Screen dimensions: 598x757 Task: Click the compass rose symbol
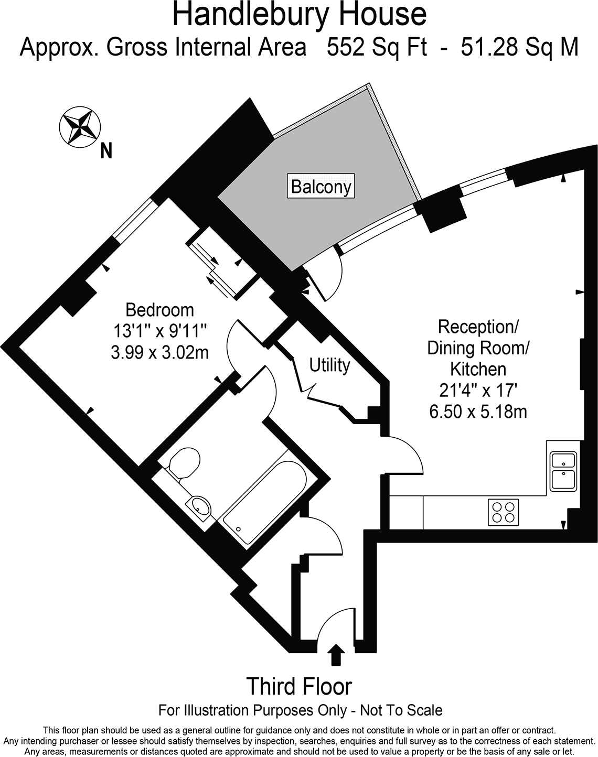[x=80, y=127]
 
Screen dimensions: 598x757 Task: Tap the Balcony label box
[x=321, y=186]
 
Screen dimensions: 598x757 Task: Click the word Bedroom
[x=160, y=310]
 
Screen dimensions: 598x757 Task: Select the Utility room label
[x=330, y=365]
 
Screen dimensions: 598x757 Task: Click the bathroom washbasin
[x=199, y=509]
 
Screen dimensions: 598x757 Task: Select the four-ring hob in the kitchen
[x=504, y=512]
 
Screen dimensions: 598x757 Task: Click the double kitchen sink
[x=563, y=471]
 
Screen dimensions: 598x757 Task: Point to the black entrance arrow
[x=336, y=655]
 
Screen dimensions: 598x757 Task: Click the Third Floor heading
[x=299, y=686]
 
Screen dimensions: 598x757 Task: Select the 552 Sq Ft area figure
[x=377, y=47]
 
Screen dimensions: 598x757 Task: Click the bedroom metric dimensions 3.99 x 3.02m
[x=160, y=352]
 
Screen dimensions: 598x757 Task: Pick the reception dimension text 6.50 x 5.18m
[x=478, y=411]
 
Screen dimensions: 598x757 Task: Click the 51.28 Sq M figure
[x=519, y=47]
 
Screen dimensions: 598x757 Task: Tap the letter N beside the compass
[x=106, y=151]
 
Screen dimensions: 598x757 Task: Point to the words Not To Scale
[x=401, y=710]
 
